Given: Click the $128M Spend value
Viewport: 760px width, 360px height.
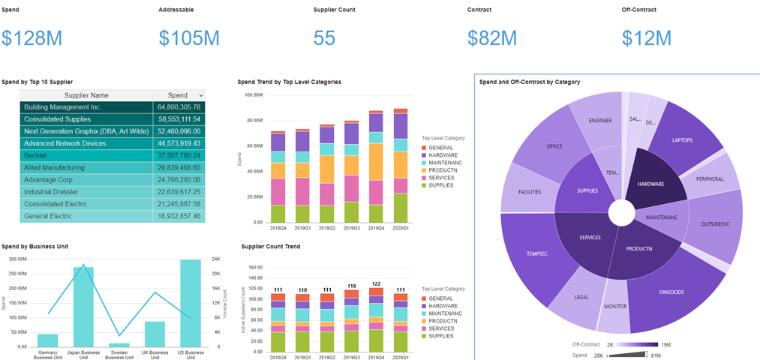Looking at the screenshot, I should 32,38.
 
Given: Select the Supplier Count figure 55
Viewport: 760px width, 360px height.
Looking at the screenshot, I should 324,38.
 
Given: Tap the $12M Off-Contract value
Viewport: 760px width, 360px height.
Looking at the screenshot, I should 647,38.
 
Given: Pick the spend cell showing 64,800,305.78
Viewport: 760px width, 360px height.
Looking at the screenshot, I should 179,107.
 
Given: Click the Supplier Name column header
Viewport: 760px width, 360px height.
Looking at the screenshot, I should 86,95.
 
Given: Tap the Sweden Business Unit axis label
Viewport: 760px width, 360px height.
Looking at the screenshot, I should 119,354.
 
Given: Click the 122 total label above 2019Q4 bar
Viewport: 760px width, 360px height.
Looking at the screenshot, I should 377,283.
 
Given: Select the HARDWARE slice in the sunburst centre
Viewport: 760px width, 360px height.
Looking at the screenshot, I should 650,183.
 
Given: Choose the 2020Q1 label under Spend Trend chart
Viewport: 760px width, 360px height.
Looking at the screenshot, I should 401,228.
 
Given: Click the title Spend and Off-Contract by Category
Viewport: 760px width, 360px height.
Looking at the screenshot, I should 529,82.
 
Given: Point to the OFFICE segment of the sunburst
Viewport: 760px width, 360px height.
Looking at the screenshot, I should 554,146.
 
